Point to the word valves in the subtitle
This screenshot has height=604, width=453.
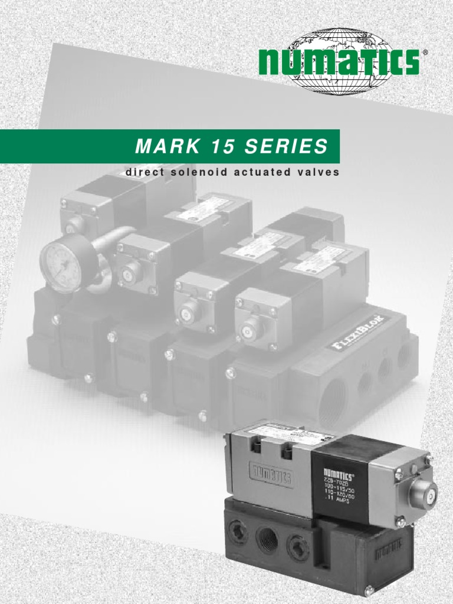click(319, 173)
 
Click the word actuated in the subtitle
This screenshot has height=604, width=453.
click(260, 173)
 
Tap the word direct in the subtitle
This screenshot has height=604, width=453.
click(141, 173)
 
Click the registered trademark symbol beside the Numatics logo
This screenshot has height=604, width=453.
click(425, 52)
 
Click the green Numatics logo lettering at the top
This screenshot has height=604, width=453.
click(339, 62)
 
